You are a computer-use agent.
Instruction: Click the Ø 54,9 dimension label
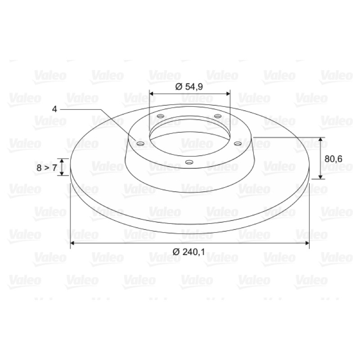189,87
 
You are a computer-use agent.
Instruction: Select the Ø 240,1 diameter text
189,252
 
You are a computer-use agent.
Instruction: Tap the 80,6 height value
333,159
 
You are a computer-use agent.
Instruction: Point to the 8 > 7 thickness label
47,168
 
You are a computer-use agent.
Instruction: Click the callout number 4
54,109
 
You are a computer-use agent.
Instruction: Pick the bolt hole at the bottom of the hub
189,162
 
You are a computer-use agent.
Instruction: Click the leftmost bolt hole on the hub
140,144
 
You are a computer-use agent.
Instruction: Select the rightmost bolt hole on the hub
238,144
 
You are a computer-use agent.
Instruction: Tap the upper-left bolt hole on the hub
161,116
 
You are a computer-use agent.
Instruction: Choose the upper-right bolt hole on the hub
218,116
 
